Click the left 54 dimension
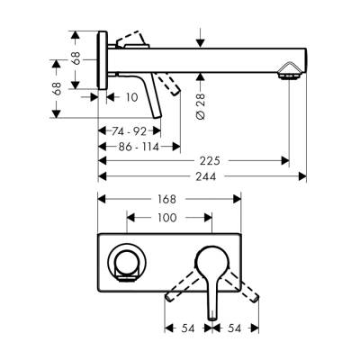point(188,329)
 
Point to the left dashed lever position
point(184,283)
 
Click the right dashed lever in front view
point(245,284)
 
